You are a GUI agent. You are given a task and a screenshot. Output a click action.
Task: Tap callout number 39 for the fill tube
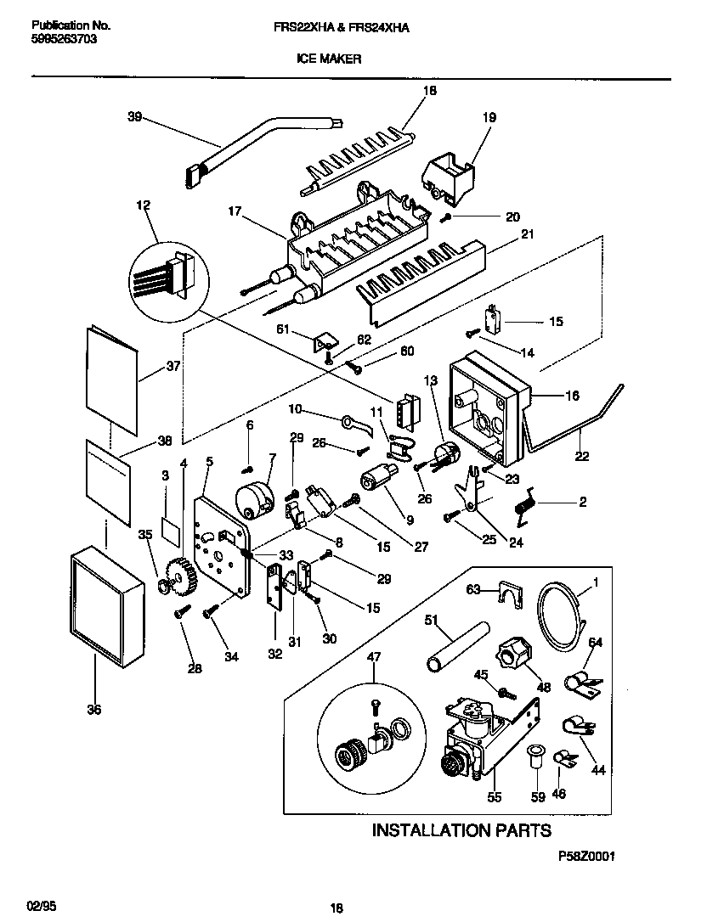click(134, 118)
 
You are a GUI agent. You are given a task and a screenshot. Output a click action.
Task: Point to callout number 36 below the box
click(93, 710)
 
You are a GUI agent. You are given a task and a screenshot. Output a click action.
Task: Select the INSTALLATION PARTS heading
click(461, 830)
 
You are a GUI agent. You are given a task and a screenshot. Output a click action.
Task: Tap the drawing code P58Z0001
click(586, 857)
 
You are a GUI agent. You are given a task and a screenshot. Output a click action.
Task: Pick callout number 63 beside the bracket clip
click(472, 588)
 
